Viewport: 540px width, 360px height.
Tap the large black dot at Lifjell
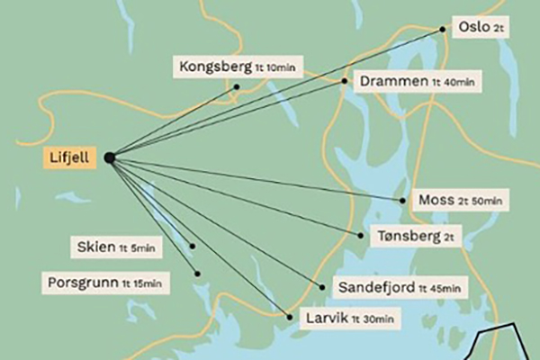click(109, 157)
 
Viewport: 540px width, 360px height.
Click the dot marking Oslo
click(443, 29)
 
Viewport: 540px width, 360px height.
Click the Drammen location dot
click(345, 81)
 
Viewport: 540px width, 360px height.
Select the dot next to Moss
click(402, 200)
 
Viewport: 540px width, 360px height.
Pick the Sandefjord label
click(401, 288)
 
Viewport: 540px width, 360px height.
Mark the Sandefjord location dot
click(323, 287)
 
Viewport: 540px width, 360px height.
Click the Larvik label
click(349, 318)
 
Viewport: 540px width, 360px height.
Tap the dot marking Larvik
click(288, 316)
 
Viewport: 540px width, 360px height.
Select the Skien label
click(116, 247)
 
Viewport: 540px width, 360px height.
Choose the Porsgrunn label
click(105, 283)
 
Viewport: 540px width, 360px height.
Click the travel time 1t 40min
click(453, 83)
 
